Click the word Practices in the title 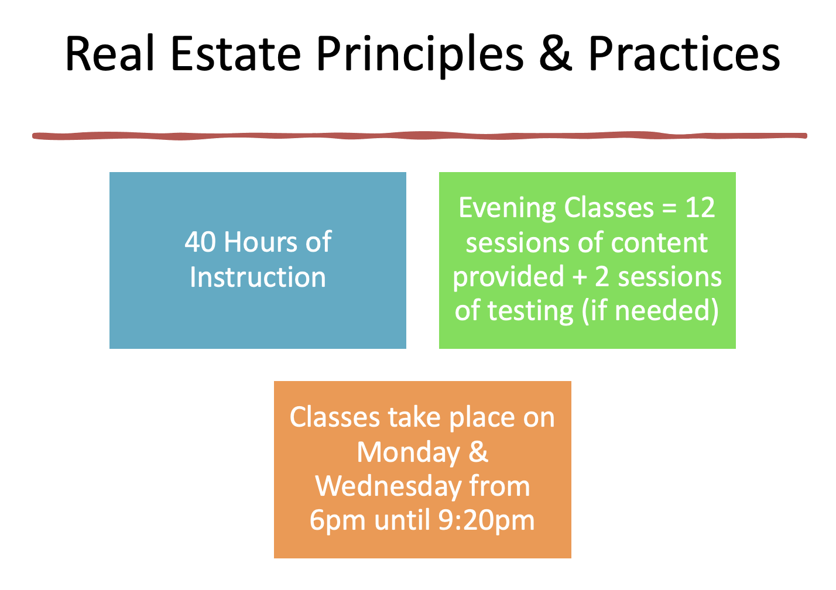click(x=684, y=54)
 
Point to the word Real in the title click(x=111, y=54)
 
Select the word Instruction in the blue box click(x=258, y=277)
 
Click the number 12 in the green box click(x=700, y=208)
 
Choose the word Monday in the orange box click(x=409, y=453)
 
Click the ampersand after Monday click(x=478, y=452)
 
